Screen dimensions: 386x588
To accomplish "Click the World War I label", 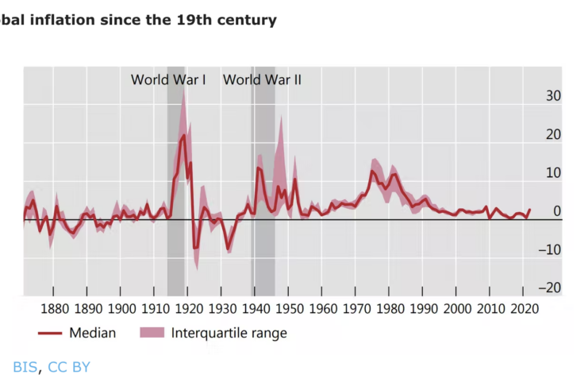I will point(168,79).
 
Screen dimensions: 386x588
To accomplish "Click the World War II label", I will point(262,79).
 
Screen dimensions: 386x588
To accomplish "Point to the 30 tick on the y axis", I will point(552,96).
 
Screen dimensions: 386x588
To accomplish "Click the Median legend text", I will point(92,333).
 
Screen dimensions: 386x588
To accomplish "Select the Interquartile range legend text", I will point(229,333).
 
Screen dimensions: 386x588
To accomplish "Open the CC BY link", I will point(69,367).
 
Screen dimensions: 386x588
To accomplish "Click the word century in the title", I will point(247,20).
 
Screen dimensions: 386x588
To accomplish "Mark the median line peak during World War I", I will point(184,136).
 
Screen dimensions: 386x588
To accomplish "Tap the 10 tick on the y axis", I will point(552,173).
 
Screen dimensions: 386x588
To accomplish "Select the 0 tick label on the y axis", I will point(557,211).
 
